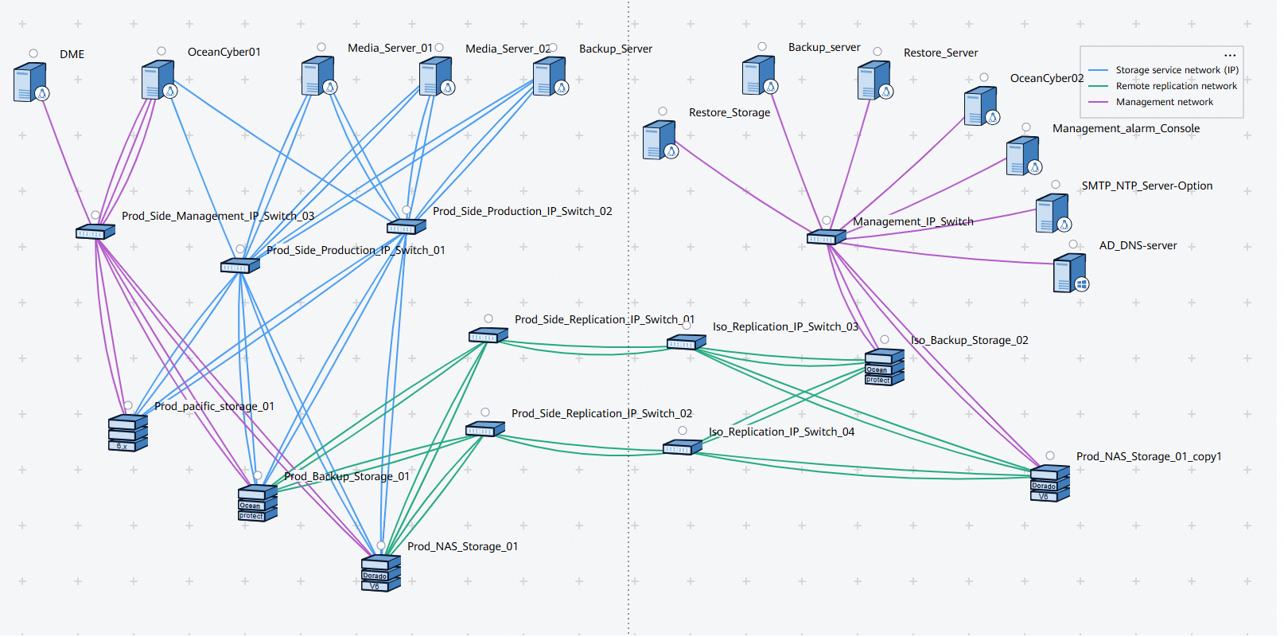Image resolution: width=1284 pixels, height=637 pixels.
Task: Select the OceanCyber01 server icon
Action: click(x=159, y=80)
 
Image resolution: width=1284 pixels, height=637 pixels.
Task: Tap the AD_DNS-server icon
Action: click(x=1071, y=273)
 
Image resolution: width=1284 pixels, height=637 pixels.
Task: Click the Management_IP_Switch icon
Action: click(x=826, y=236)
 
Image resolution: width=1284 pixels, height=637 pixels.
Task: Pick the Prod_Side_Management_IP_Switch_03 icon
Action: click(x=95, y=231)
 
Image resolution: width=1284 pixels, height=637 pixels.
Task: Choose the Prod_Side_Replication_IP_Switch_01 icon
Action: click(x=488, y=334)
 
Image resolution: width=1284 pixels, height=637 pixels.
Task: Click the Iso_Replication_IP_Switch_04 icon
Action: click(x=682, y=447)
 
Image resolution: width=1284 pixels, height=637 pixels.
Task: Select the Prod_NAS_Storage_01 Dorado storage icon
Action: click(x=380, y=573)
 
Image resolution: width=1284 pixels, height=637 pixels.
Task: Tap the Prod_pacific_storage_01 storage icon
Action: click(x=128, y=432)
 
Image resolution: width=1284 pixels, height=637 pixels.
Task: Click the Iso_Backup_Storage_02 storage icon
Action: click(x=885, y=367)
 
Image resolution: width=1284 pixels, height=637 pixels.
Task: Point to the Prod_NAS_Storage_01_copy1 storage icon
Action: click(x=1049, y=483)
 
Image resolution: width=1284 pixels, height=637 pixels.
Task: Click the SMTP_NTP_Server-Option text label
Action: click(x=1147, y=186)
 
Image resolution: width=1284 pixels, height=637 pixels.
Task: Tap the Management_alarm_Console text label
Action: click(x=1126, y=128)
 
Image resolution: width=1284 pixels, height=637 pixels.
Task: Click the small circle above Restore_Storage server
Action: click(x=663, y=111)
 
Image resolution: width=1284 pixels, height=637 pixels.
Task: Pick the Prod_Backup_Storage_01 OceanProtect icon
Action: click(x=258, y=503)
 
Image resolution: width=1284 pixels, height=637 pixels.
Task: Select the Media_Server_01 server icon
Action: click(x=319, y=76)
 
